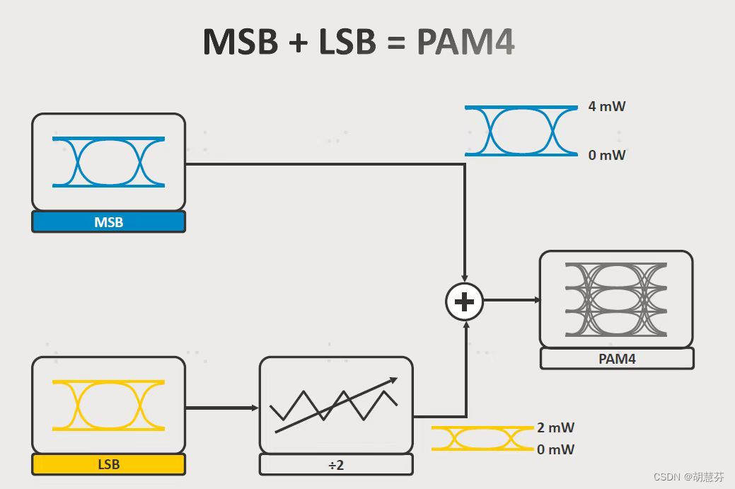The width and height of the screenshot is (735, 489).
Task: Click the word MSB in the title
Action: (238, 42)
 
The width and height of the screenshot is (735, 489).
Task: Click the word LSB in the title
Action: (347, 42)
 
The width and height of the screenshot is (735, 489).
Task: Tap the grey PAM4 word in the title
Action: (465, 42)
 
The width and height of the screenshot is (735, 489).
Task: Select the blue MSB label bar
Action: (108, 222)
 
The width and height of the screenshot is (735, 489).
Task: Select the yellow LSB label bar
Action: (108, 464)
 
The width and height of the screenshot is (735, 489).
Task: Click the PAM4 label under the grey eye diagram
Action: (617, 359)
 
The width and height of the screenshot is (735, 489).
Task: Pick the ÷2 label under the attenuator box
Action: (336, 465)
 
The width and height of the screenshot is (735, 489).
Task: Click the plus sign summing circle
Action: (464, 302)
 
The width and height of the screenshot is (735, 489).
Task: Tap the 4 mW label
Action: (607, 107)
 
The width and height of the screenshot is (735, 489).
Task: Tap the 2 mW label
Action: (555, 427)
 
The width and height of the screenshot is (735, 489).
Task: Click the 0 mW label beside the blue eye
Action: (607, 155)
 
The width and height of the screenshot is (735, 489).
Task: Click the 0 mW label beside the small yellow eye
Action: (555, 449)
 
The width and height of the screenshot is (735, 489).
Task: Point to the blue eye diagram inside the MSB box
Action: (108, 162)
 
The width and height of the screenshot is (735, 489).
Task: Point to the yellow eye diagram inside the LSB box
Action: (108, 405)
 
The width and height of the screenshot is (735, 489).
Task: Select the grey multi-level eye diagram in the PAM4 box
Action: (616, 299)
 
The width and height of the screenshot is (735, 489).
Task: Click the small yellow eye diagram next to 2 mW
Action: (482, 439)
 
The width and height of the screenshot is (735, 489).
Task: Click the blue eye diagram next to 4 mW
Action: (521, 131)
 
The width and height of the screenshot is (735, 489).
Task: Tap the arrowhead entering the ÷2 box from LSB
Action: (255, 408)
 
